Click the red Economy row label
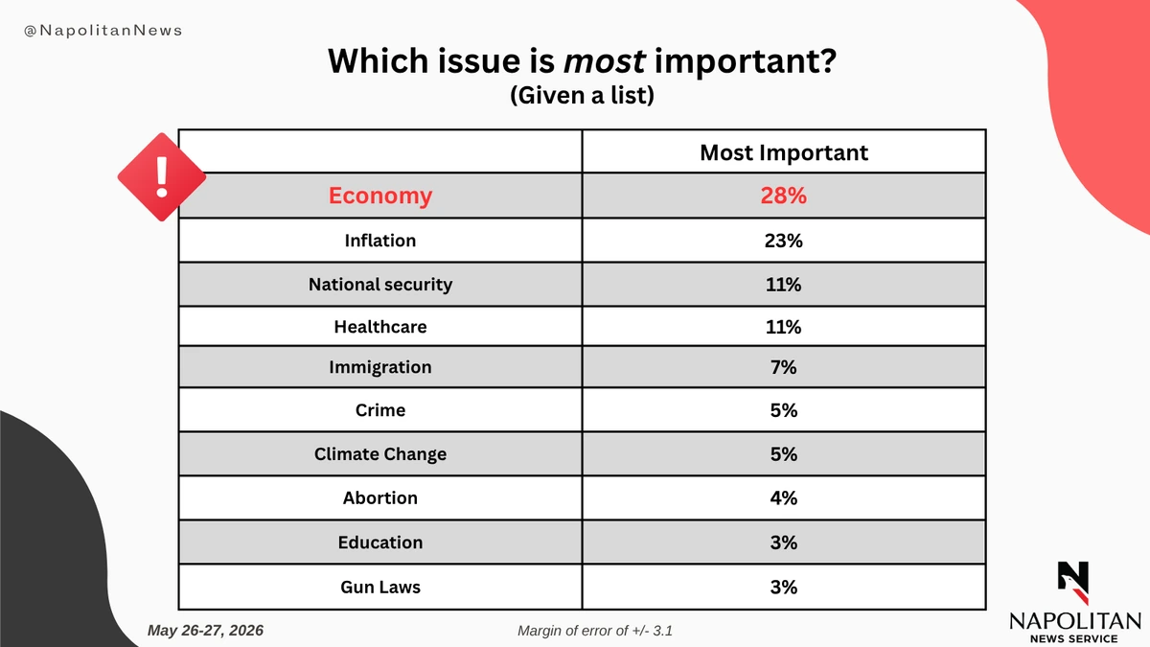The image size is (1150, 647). click(380, 196)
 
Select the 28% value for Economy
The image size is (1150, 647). click(784, 196)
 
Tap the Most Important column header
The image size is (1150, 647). click(784, 152)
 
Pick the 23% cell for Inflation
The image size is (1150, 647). click(784, 241)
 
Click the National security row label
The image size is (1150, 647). click(380, 285)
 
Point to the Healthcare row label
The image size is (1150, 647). click(380, 327)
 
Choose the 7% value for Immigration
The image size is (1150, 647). click(784, 367)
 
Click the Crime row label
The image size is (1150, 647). click(380, 410)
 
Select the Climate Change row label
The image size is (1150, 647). click(380, 454)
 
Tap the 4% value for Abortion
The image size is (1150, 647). click(784, 498)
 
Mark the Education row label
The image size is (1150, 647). click(380, 543)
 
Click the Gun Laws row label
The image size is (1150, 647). click(380, 587)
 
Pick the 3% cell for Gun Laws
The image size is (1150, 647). click(784, 587)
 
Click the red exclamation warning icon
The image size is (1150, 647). click(162, 177)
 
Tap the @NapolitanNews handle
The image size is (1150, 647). click(103, 31)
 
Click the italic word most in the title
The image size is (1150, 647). click(605, 61)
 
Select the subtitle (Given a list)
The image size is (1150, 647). click(583, 95)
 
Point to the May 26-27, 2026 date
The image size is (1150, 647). click(205, 630)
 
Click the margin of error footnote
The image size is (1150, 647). click(595, 631)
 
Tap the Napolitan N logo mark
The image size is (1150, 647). click(1073, 583)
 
